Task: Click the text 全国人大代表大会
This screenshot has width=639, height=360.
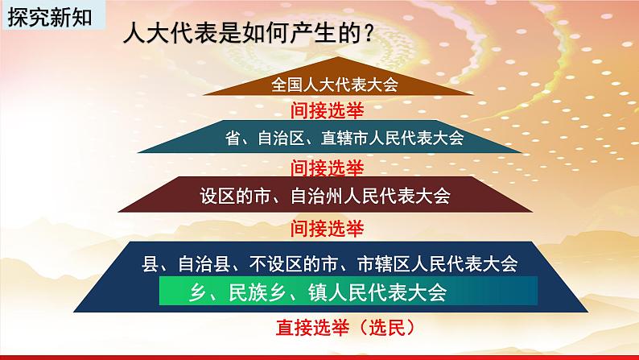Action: pyautogui.click(x=335, y=85)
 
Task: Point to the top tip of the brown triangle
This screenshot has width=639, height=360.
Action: pyautogui.click(x=337, y=56)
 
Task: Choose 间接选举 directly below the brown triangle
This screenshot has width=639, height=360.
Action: pyautogui.click(x=327, y=110)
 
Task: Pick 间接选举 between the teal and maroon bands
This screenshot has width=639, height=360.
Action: pyautogui.click(x=327, y=168)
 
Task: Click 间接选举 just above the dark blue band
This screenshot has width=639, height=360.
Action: pyautogui.click(x=327, y=228)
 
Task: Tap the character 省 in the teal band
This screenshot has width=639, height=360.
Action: pyautogui.click(x=233, y=138)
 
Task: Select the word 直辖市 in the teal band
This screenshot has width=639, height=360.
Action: pyautogui.click(x=344, y=138)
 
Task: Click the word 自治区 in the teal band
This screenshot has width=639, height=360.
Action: pyautogui.click(x=282, y=138)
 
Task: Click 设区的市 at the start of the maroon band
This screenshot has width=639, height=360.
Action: pyautogui.click(x=236, y=196)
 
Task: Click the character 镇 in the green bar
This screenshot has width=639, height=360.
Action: pyautogui.click(x=317, y=292)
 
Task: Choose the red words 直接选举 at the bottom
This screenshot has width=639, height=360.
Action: pyautogui.click(x=312, y=328)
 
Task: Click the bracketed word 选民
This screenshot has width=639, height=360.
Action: pyautogui.click(x=387, y=328)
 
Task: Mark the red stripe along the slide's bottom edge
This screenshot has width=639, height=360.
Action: pyautogui.click(x=319, y=358)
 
